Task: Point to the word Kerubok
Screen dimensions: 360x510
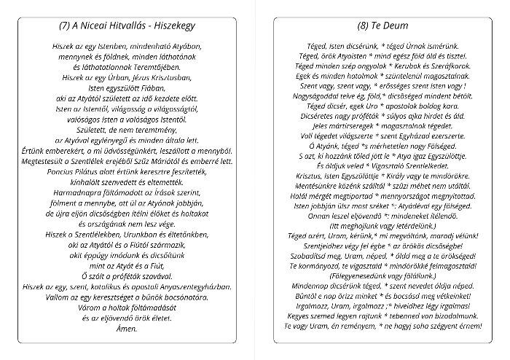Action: pyautogui.click(x=410, y=65)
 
